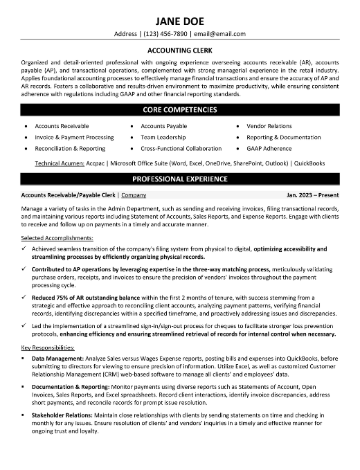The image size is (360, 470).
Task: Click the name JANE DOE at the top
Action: point(179,19)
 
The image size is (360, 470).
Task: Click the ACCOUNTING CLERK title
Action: point(179,50)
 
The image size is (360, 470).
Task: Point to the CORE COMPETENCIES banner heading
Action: point(179,109)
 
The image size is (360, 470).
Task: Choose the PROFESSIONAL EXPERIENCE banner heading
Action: point(179,179)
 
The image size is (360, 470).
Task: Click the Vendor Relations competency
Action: point(269,127)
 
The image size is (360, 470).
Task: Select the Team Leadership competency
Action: point(164,137)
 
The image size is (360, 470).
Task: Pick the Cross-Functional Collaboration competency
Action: point(181,148)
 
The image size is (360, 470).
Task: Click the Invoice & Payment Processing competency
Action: point(74,137)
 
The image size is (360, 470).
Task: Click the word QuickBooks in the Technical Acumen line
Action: point(309,163)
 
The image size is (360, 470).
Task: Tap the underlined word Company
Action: point(134,195)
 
